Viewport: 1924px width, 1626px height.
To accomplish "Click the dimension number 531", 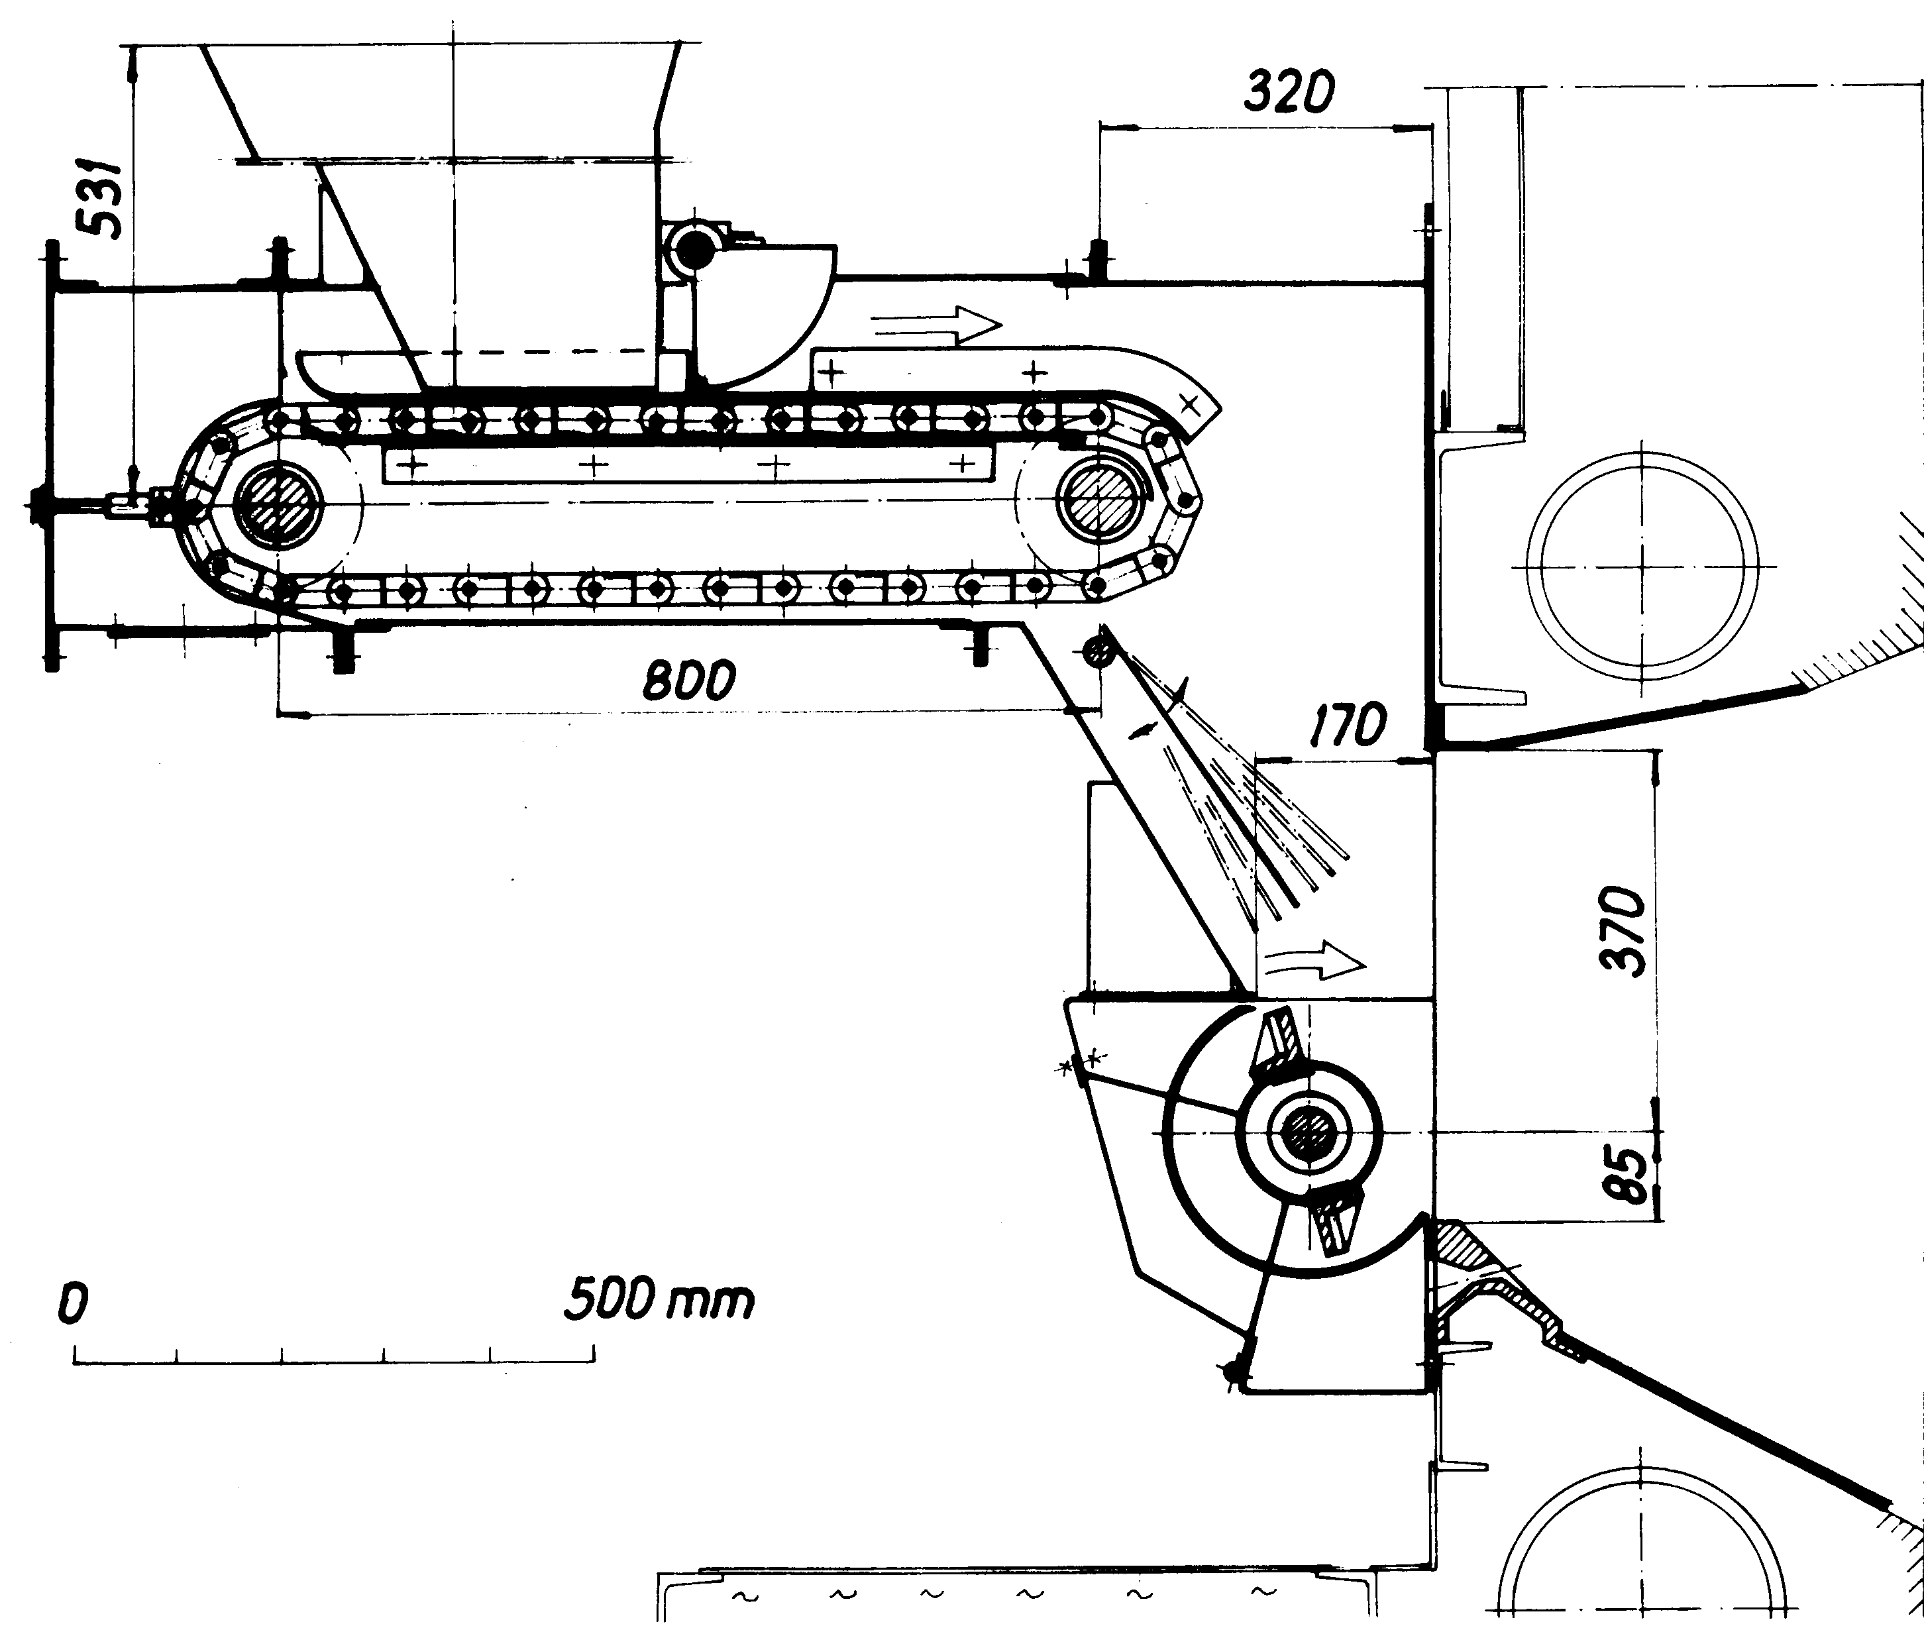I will click(x=96, y=199).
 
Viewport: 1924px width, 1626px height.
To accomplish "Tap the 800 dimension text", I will click(x=689, y=681).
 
